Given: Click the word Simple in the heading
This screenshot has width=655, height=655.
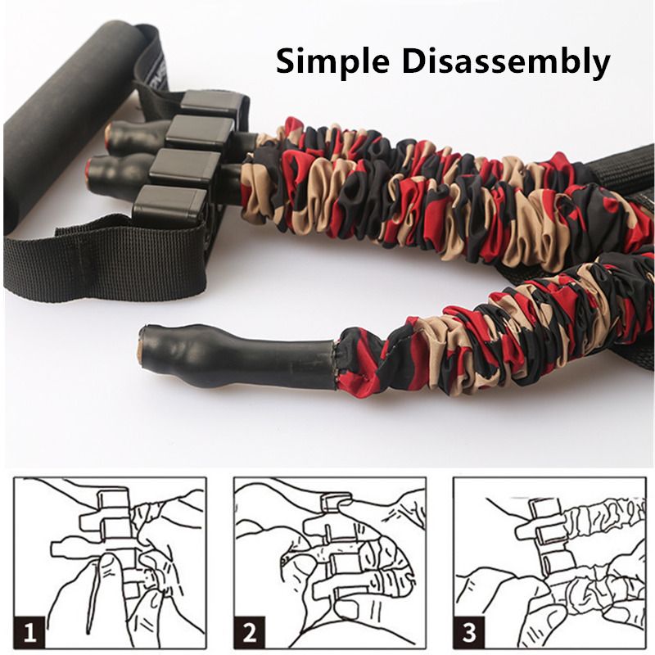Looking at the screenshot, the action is (x=332, y=62).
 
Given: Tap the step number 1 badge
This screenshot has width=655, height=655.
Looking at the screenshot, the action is (x=29, y=632).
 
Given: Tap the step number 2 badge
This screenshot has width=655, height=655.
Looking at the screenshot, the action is (x=250, y=632).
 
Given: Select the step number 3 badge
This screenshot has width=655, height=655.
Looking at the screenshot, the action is (x=469, y=632).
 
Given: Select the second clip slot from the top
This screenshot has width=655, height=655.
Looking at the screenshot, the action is (x=200, y=131).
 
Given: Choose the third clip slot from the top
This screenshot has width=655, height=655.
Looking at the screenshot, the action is (x=185, y=168).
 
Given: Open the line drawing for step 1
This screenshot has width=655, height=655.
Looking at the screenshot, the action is (x=110, y=563).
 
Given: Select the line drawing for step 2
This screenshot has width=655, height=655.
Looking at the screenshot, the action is (x=330, y=563).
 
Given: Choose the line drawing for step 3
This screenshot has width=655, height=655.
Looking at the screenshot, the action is (x=549, y=563).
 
